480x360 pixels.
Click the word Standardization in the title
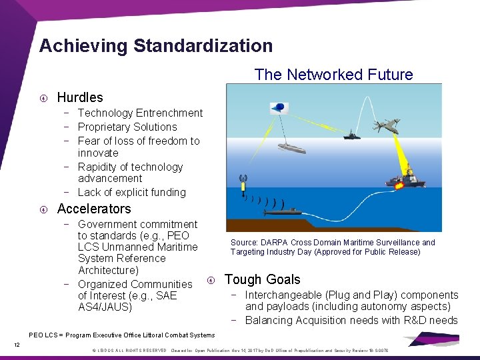(x=203, y=46)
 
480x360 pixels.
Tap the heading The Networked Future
(x=333, y=75)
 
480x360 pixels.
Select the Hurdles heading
(x=80, y=97)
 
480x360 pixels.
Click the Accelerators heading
(x=94, y=209)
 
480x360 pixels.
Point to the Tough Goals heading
(x=263, y=279)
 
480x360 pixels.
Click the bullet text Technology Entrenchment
(x=140, y=113)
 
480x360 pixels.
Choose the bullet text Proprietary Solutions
(x=127, y=127)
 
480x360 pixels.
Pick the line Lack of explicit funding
(x=132, y=192)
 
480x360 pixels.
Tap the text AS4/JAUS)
(x=105, y=307)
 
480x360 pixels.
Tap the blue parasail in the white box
(x=279, y=107)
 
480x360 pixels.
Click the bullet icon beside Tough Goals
(x=211, y=280)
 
